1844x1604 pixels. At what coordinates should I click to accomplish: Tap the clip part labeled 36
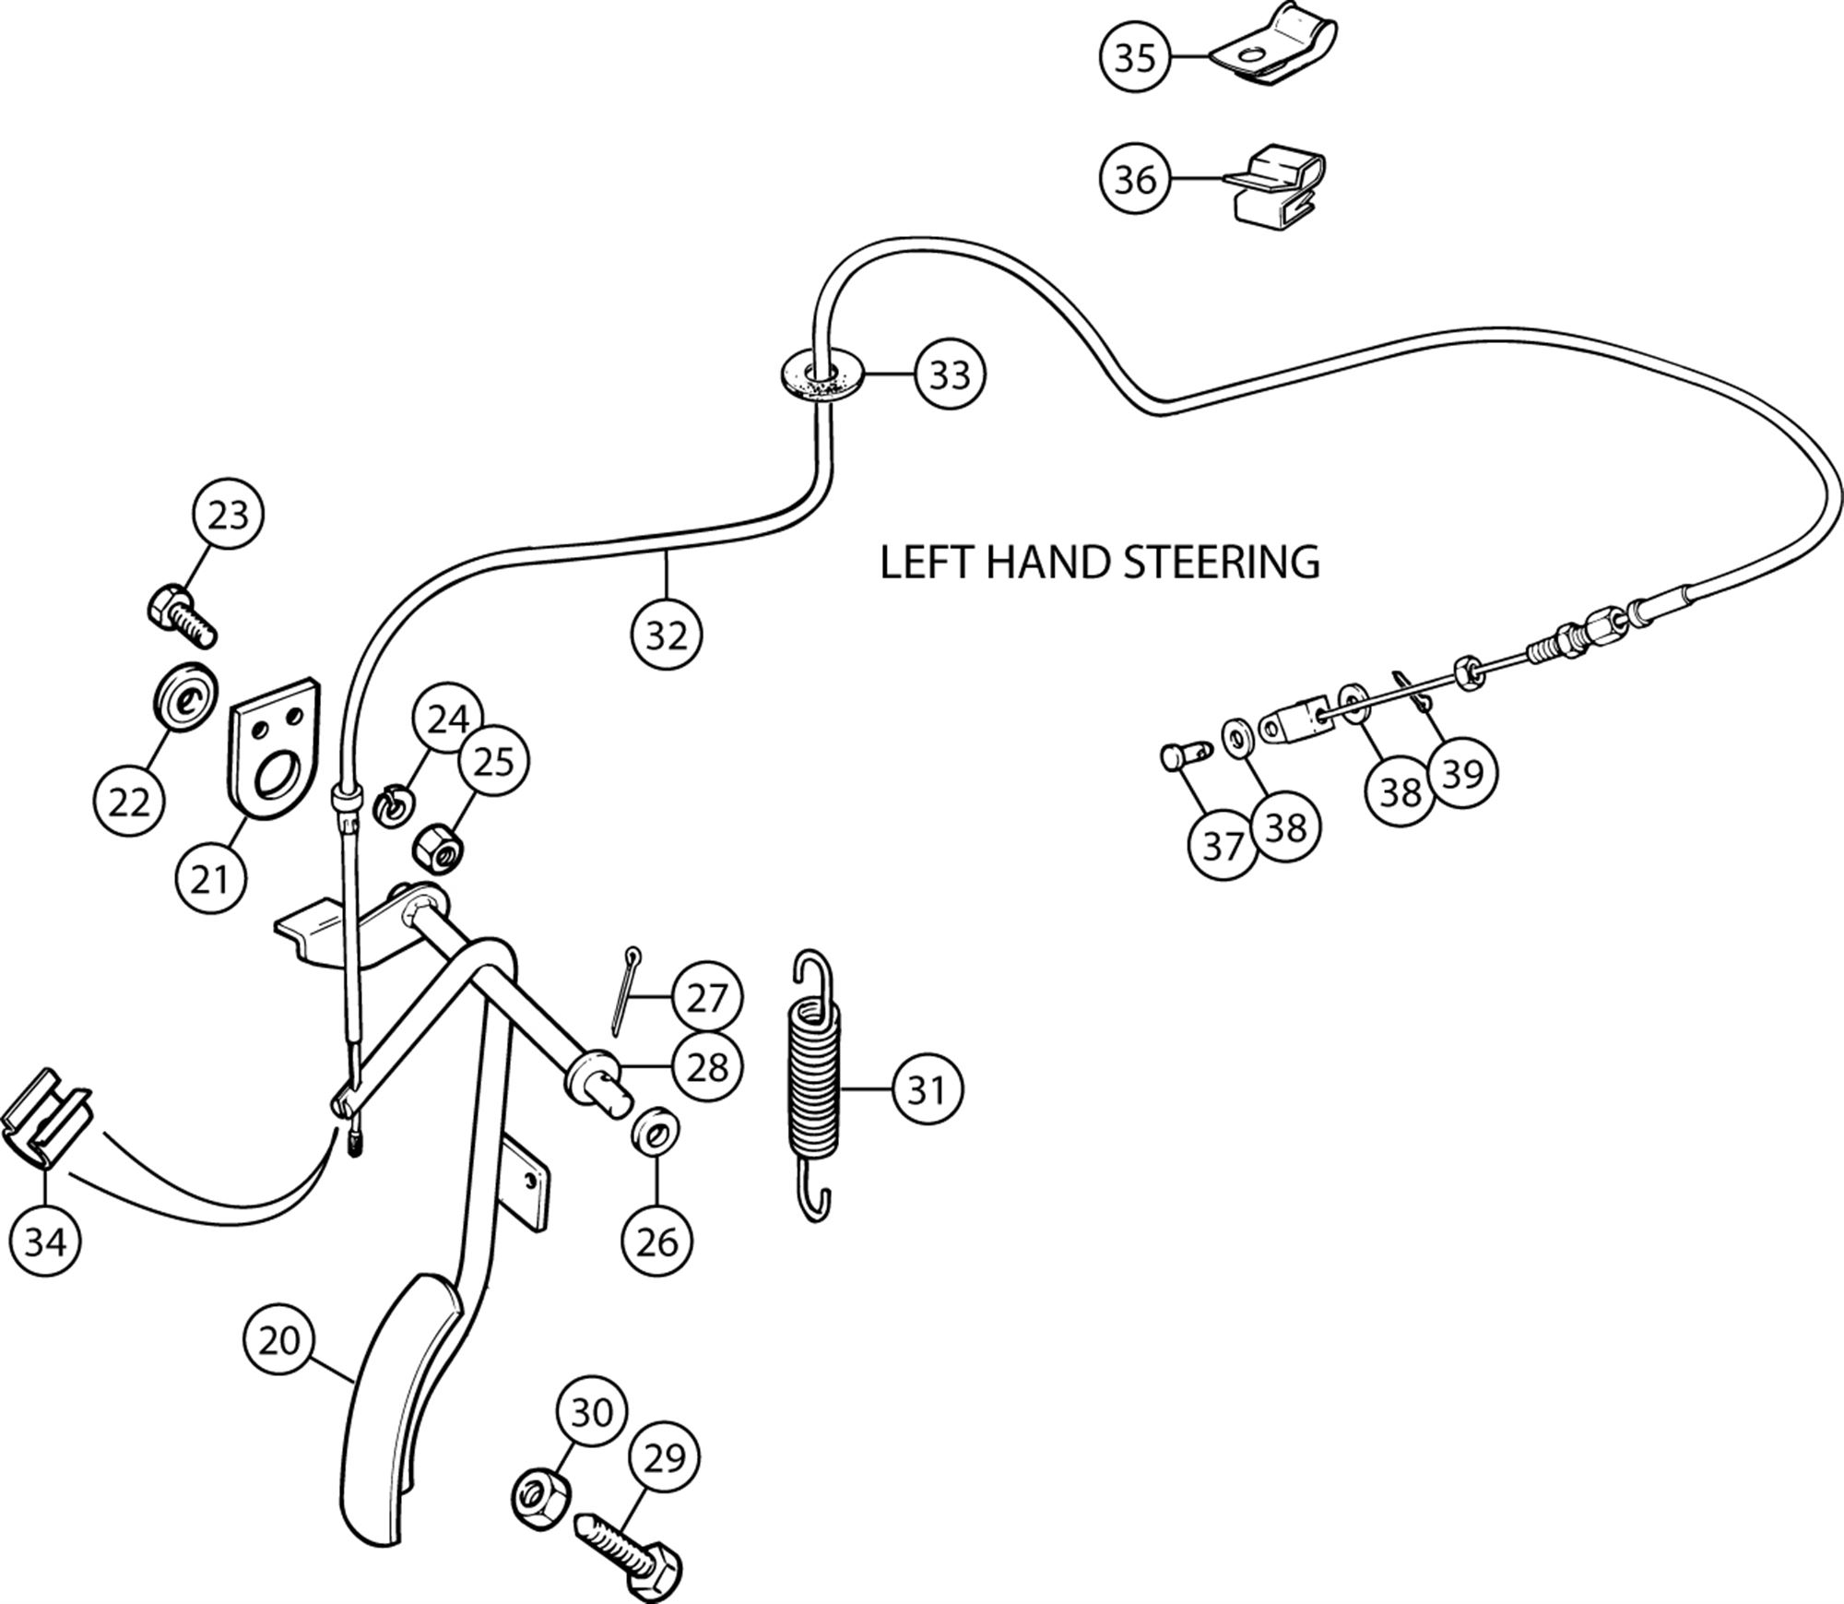(1277, 188)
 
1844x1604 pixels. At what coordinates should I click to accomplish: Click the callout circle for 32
(667, 635)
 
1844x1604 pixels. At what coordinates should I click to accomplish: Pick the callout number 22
(129, 802)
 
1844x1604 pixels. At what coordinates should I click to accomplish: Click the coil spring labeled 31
(815, 1086)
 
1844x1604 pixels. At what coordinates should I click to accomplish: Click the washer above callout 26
(652, 1134)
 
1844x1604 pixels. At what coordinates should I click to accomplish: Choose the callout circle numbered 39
(1461, 772)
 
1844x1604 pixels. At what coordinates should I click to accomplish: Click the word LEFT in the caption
(927, 562)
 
